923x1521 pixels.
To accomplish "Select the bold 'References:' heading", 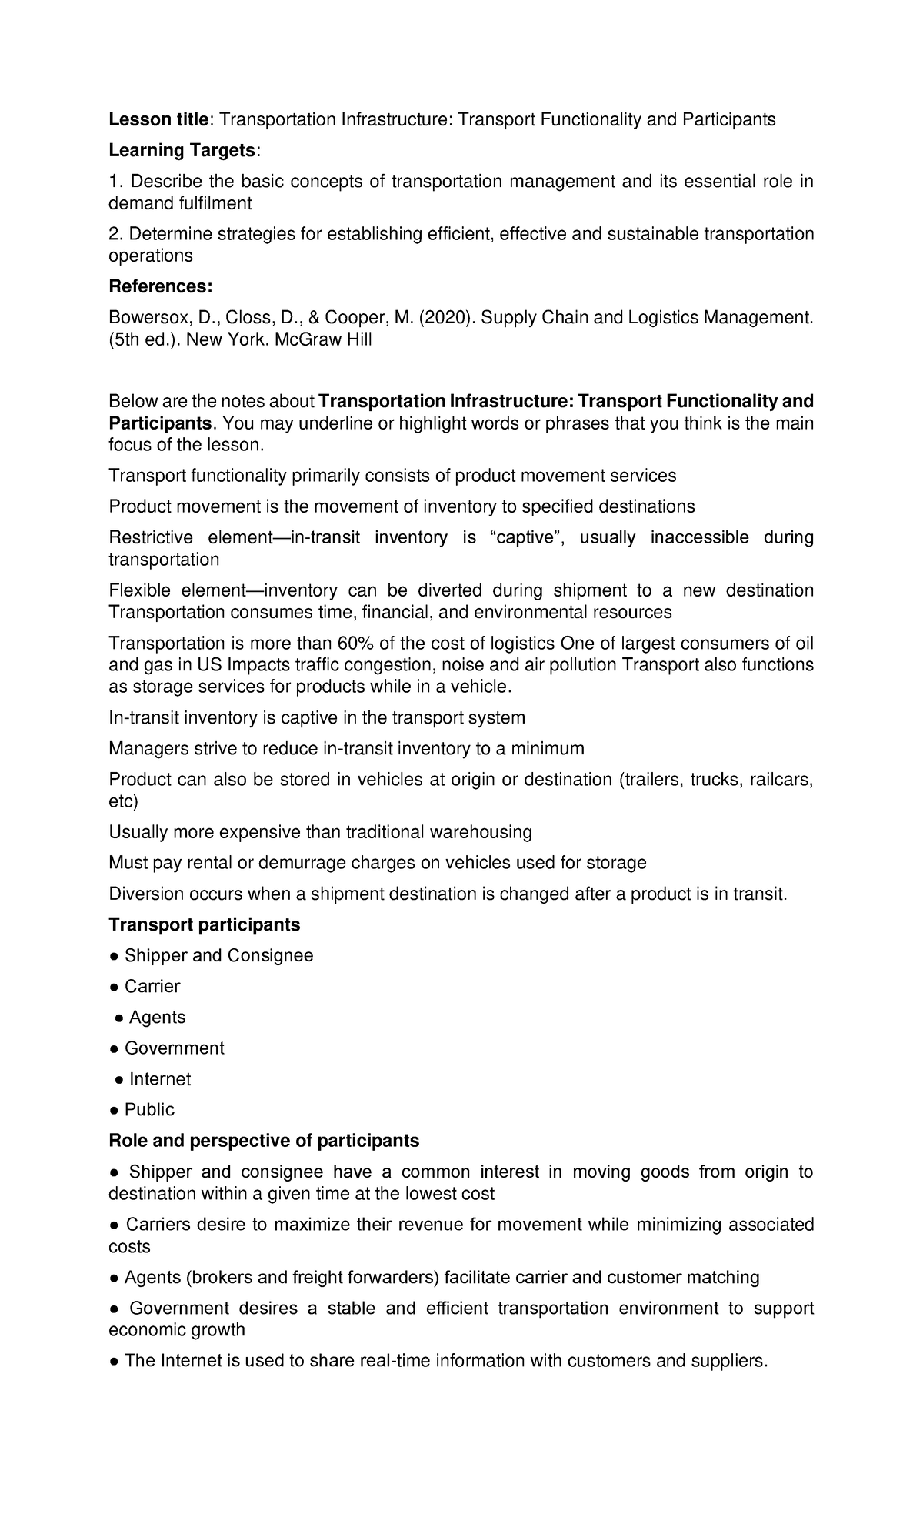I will (160, 286).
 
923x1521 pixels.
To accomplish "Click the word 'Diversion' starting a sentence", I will (146, 894).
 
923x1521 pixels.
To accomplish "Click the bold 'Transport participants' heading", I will (205, 924).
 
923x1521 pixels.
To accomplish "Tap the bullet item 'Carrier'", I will (152, 986).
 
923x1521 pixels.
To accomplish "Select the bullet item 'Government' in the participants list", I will (175, 1048).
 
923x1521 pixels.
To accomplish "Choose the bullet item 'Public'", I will (149, 1109).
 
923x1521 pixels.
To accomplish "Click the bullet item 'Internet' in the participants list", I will (160, 1078).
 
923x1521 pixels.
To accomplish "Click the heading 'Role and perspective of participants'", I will (264, 1140).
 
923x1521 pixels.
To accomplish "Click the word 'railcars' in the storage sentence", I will (779, 779).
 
